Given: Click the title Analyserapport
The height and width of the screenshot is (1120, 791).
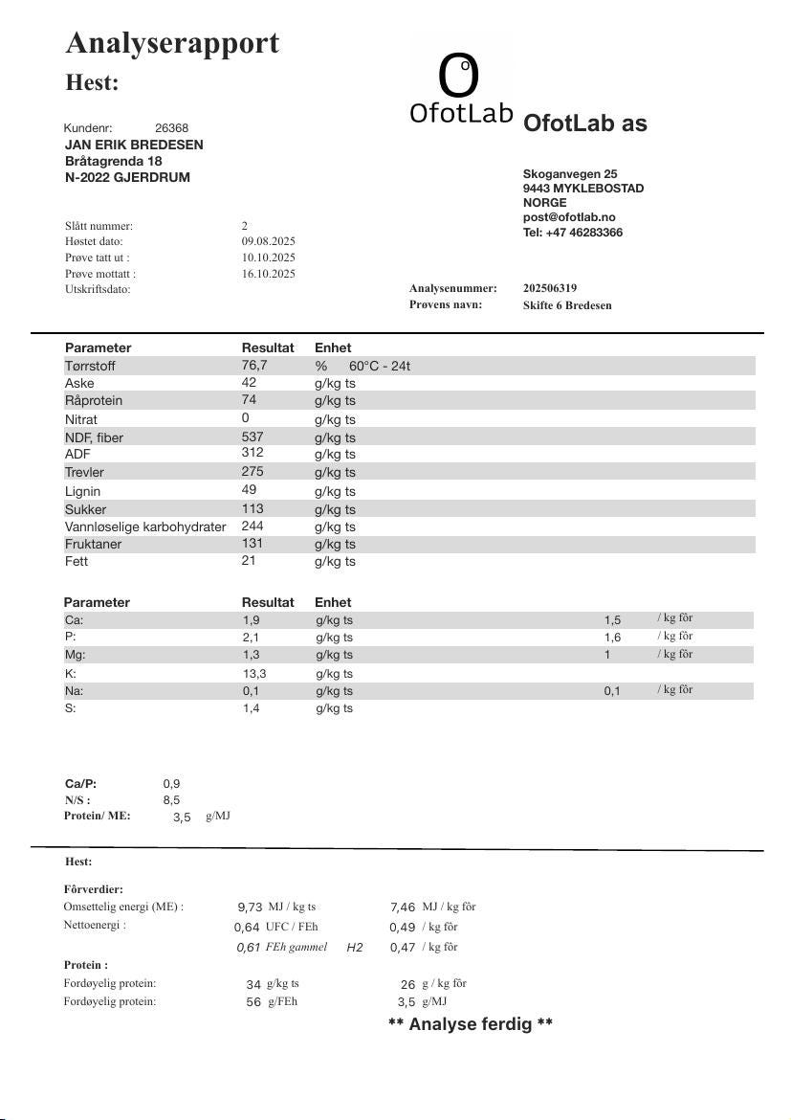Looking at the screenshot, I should pyautogui.click(x=172, y=43).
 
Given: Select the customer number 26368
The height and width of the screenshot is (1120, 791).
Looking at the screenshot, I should pyautogui.click(x=171, y=128).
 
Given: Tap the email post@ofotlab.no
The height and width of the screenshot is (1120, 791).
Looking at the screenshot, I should pyautogui.click(x=569, y=217).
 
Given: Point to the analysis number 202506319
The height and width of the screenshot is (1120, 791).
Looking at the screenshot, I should pyautogui.click(x=550, y=288).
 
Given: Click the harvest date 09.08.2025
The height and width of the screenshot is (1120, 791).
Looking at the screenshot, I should pyautogui.click(x=268, y=242).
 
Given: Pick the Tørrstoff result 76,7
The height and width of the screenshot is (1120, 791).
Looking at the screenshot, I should pyautogui.click(x=254, y=366).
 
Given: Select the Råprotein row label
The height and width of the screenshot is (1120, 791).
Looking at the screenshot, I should pyautogui.click(x=94, y=400).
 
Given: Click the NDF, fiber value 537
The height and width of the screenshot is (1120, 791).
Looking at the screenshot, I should pyautogui.click(x=253, y=437).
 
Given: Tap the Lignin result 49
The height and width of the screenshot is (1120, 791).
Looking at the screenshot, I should pyautogui.click(x=249, y=490).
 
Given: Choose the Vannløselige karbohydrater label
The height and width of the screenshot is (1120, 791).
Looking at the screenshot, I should pyautogui.click(x=145, y=526).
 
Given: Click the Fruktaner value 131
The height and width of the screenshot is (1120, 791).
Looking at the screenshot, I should pyautogui.click(x=253, y=544).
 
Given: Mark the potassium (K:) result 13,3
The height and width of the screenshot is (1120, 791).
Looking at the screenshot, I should pyautogui.click(x=253, y=673).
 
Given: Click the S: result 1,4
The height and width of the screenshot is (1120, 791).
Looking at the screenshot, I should pyautogui.click(x=251, y=708).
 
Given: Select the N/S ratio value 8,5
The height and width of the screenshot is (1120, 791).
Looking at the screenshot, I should pyautogui.click(x=171, y=800).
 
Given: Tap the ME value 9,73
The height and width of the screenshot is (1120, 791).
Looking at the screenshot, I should pyautogui.click(x=250, y=907).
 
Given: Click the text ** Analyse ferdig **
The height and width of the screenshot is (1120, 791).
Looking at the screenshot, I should pyautogui.click(x=471, y=1024).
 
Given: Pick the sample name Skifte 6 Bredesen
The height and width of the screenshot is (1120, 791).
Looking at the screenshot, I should pyautogui.click(x=567, y=305).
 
